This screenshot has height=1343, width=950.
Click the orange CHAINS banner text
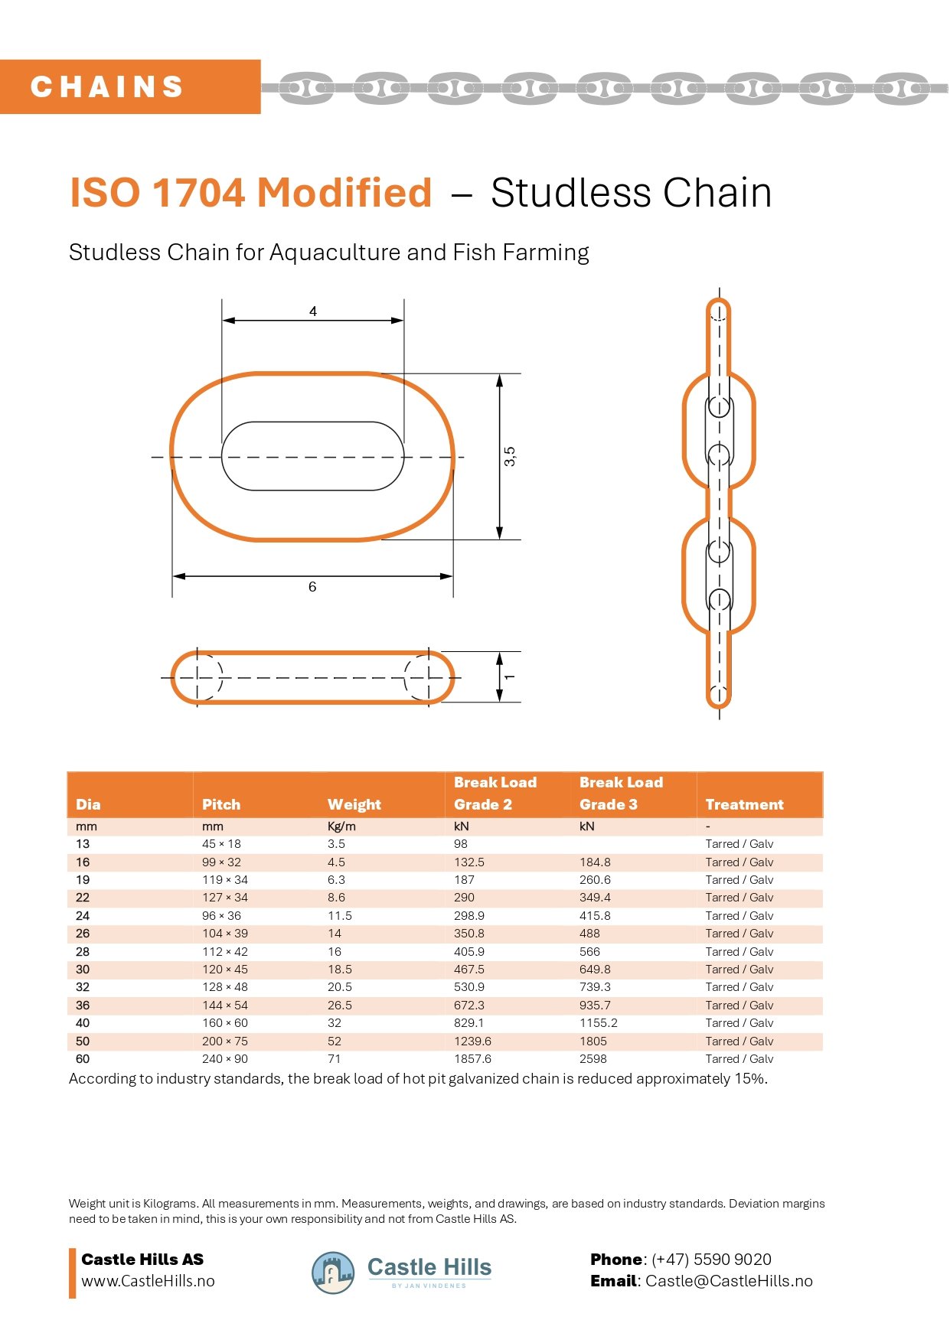(107, 86)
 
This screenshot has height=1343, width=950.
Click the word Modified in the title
(344, 192)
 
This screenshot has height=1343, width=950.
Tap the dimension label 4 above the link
(313, 311)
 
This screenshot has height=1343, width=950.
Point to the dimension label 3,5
(510, 457)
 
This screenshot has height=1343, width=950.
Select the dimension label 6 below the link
(312, 587)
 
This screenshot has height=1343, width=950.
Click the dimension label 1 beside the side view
(510, 677)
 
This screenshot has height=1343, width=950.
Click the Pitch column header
(221, 804)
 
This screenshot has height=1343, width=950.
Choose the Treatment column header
(744, 804)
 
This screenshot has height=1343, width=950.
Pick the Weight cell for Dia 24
(340, 916)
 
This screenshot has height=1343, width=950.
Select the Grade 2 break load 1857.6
(472, 1059)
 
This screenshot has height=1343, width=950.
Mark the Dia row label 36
(83, 1006)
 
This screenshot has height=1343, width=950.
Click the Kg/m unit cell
(341, 826)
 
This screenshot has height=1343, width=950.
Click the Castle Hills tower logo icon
(333, 1273)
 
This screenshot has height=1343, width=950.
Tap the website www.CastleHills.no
(148, 1281)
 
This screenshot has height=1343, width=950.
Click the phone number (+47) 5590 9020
(711, 1260)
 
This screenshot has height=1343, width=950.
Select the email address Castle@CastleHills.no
(729, 1281)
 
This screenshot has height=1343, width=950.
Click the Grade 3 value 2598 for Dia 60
(593, 1059)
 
